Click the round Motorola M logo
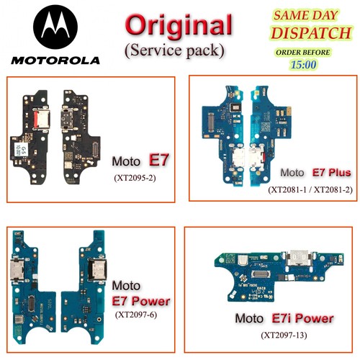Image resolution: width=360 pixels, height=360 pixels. (55, 27)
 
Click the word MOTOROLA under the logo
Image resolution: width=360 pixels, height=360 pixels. (55, 60)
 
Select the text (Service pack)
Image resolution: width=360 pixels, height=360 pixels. (174, 50)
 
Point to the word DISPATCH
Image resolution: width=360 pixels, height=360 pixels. (311, 33)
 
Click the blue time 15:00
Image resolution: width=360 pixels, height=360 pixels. (304, 65)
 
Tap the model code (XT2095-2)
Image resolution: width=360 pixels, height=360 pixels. (135, 178)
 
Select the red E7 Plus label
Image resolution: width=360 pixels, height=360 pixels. (331, 172)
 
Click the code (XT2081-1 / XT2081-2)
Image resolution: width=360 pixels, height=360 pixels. (310, 189)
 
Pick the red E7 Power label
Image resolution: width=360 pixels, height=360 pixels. (141, 301)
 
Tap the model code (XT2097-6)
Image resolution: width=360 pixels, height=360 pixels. (136, 315)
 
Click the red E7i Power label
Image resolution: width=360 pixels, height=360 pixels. (302, 318)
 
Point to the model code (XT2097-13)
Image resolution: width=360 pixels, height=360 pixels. (284, 335)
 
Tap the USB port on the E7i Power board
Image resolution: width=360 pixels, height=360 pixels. (299, 258)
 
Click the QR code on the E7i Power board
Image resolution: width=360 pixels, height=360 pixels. (230, 259)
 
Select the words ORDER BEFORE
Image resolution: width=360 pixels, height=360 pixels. (302, 52)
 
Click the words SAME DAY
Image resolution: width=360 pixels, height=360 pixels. (306, 15)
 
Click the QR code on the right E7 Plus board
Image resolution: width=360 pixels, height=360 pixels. (266, 126)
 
